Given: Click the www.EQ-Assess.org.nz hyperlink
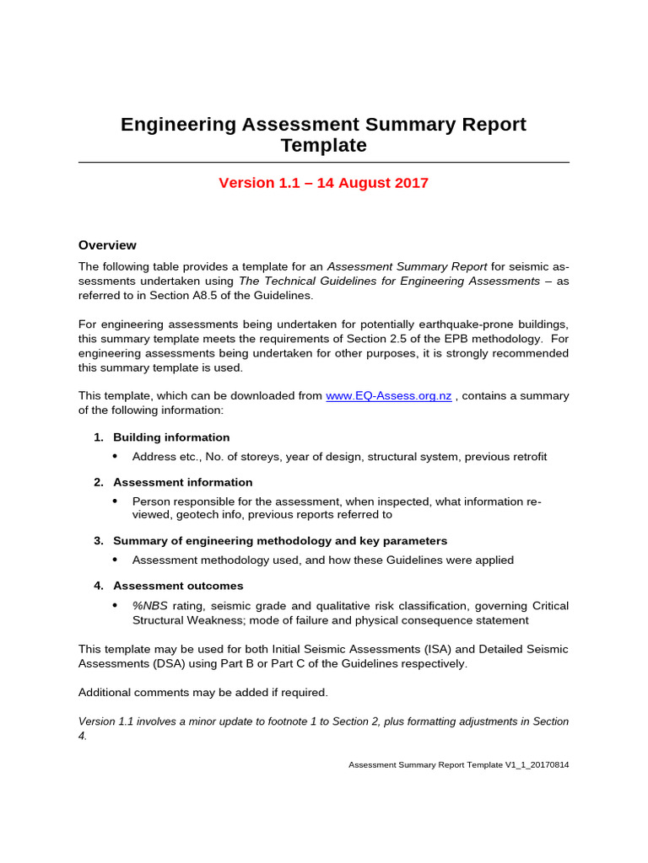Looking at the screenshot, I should click(388, 396).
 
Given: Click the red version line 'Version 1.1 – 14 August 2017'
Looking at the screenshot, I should click(323, 183).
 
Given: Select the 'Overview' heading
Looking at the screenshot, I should click(107, 245).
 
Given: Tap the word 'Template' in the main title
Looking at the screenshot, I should click(323, 146).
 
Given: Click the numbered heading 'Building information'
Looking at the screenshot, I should click(171, 437).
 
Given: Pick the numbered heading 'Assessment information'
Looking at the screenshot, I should click(182, 482).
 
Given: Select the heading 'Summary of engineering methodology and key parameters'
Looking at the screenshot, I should click(280, 540).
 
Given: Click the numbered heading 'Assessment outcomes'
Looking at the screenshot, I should click(178, 586).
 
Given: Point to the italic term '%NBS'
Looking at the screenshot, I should click(150, 606).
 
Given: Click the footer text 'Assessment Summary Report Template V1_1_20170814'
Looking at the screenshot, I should click(458, 765).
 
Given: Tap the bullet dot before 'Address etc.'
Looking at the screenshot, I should click(116, 457).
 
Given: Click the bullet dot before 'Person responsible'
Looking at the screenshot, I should click(116, 501).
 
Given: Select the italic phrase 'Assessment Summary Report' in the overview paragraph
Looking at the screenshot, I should click(407, 266).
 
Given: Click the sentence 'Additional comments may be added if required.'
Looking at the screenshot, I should click(202, 693).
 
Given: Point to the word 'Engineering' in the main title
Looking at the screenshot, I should click(178, 125).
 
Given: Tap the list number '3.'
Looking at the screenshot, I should click(99, 540).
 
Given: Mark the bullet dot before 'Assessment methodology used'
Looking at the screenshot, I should click(116, 560).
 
